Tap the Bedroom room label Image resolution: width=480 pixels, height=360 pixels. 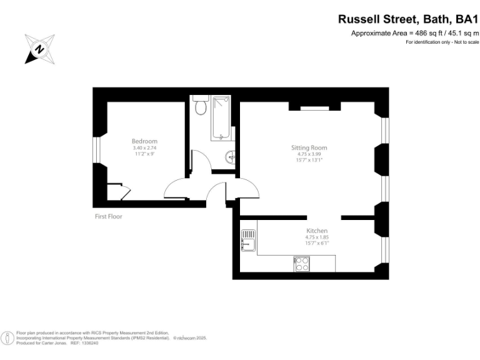coord(144,141)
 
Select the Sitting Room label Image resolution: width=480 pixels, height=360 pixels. coord(309,148)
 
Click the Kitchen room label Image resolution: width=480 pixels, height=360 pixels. coord(317,231)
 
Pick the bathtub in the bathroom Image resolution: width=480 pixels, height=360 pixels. coord(221,118)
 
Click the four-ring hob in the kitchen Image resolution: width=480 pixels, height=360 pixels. coord(301,264)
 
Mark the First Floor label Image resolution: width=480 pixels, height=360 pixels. coord(108,217)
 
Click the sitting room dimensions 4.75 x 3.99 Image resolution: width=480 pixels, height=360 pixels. coord(309,154)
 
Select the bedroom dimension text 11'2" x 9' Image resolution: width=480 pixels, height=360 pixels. coord(144,153)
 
